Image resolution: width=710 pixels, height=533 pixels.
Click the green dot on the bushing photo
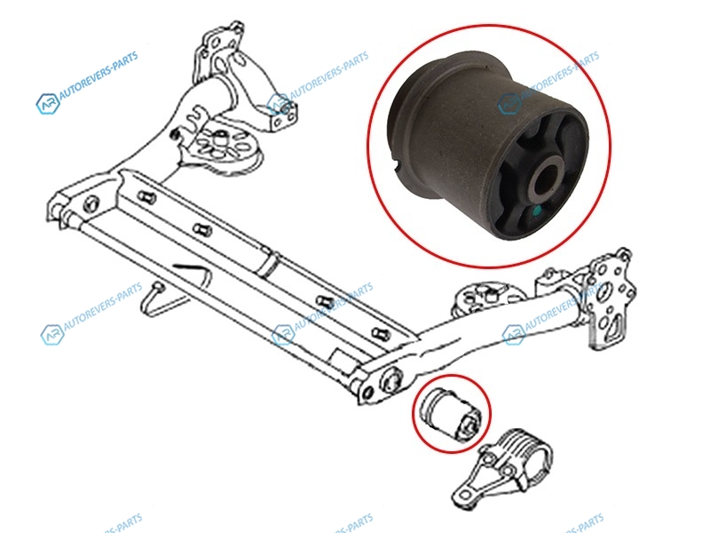(537, 211)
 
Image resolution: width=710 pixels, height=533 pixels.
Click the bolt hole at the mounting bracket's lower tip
(465, 493)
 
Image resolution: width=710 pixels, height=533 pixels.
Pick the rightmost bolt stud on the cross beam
(380, 334)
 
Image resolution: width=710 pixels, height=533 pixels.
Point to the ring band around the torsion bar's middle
(269, 263)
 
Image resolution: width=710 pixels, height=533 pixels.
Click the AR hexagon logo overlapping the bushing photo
(509, 104)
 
